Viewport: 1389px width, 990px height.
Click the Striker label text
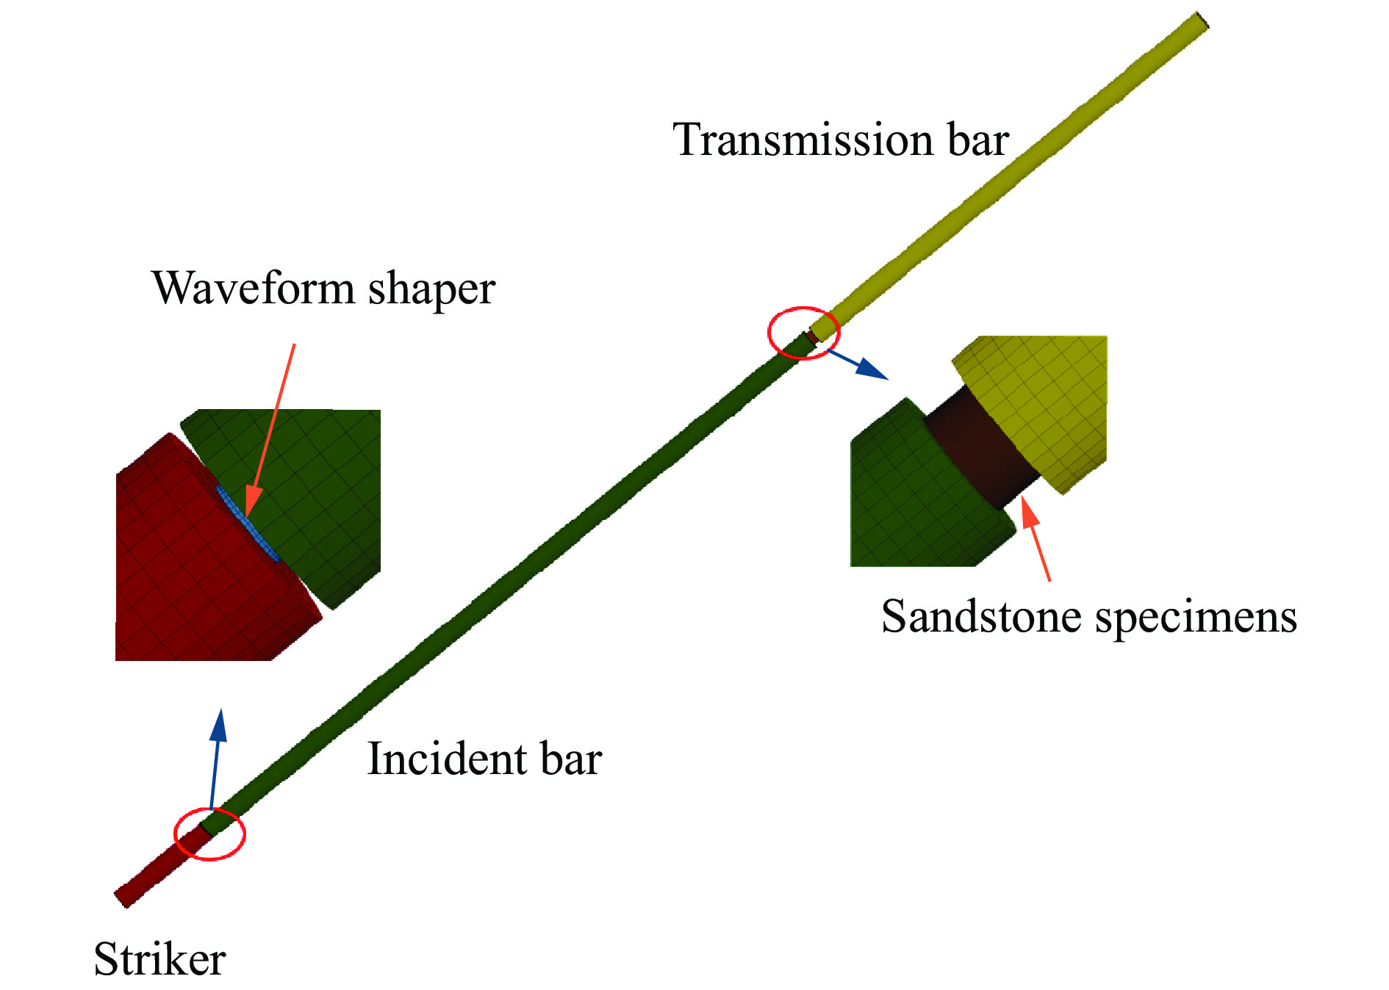coord(159,958)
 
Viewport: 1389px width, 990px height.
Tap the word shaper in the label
coord(432,289)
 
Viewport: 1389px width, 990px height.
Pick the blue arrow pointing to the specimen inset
coord(858,365)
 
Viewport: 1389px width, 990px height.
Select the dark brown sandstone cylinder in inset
coord(981,448)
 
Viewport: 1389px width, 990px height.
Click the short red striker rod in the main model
coord(162,866)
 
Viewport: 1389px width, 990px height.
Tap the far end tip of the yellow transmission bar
coord(1202,21)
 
